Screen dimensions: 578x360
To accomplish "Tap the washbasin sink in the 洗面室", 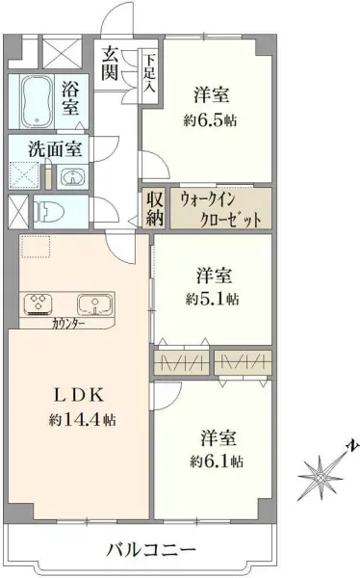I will point(72,176).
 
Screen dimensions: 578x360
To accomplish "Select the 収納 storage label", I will point(155,209).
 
